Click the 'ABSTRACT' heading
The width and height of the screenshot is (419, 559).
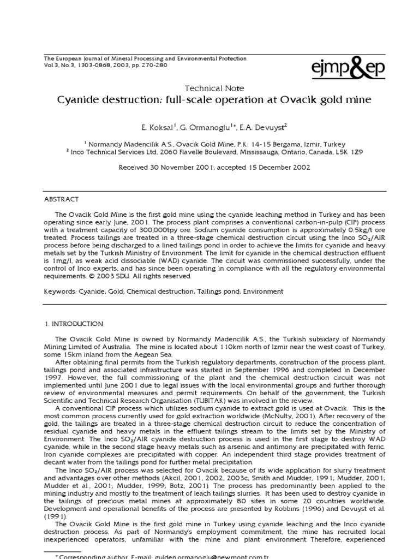(62, 199)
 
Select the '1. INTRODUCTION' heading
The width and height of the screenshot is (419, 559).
(74, 324)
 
